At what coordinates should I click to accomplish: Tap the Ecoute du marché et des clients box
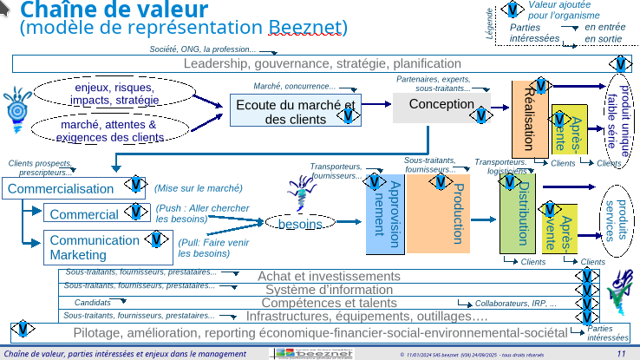(296, 111)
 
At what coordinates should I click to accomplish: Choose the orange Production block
(450, 213)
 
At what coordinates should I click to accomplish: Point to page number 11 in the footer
(621, 354)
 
